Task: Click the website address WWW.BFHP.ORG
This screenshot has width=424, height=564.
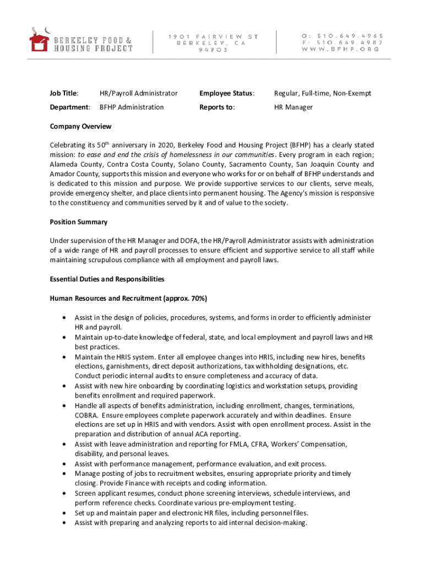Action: point(341,50)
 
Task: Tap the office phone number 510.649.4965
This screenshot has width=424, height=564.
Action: point(347,36)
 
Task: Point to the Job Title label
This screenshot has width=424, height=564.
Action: point(64,93)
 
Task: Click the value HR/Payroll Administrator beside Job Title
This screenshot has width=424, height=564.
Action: point(138,93)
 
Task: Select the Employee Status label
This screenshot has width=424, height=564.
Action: point(227,93)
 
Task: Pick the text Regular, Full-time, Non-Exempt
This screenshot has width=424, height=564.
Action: point(323,93)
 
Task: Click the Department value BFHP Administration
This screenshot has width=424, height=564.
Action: point(132,107)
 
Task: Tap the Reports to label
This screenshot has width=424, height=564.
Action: point(217,107)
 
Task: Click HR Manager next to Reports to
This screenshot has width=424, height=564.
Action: point(293,107)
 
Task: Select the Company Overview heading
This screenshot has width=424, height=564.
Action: point(80,126)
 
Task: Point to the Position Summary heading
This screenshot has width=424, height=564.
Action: point(79,222)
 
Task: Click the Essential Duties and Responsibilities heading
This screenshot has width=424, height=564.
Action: point(107,279)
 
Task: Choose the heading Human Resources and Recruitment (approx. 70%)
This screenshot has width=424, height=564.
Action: point(128,299)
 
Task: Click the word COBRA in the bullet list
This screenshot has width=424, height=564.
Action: point(87,415)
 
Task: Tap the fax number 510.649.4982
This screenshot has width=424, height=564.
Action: point(347,42)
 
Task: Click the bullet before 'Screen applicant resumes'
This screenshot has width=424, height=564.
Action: point(66,493)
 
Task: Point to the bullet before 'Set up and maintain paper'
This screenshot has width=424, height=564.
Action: point(66,513)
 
